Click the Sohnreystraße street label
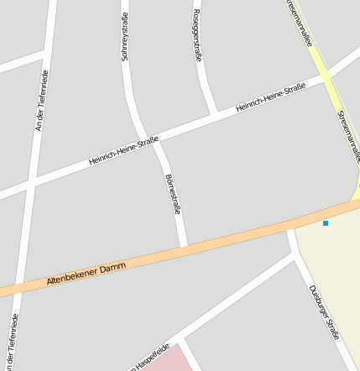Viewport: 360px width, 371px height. click(x=125, y=37)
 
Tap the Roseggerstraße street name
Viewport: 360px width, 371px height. click(x=197, y=36)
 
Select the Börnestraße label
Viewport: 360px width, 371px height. click(x=173, y=194)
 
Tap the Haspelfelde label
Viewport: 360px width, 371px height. click(x=151, y=356)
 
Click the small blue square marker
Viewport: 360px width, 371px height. click(x=326, y=222)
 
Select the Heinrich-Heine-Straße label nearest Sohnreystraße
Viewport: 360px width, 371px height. click(x=123, y=151)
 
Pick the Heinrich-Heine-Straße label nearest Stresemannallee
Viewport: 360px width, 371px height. click(x=270, y=98)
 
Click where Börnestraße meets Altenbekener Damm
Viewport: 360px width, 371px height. click(x=184, y=248)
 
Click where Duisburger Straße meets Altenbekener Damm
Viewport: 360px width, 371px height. click(x=291, y=227)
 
